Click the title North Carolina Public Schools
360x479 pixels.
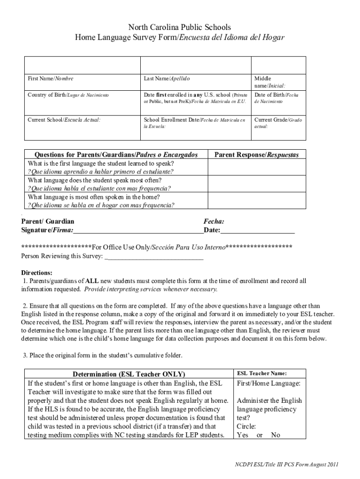click(180, 28)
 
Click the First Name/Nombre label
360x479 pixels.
click(50, 79)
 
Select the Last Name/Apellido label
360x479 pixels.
click(167, 79)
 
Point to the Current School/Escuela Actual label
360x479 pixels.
click(64, 120)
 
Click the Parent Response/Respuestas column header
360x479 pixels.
click(256, 154)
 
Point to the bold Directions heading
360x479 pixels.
click(37, 273)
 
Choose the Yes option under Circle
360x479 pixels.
click(243, 435)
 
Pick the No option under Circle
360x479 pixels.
click(275, 435)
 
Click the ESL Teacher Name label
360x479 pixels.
click(262, 373)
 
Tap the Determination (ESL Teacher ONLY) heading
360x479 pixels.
click(129, 374)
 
